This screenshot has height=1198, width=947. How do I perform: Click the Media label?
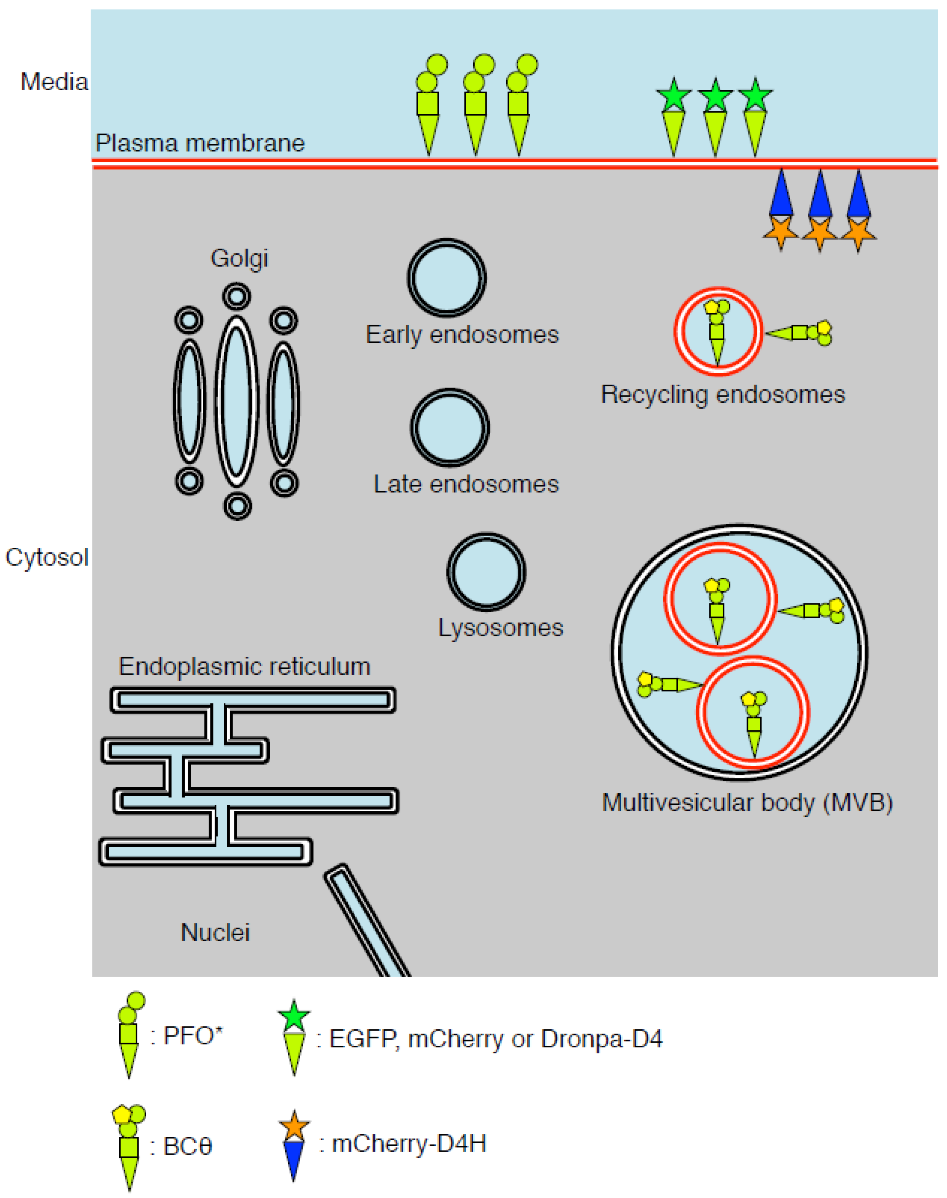click(54, 82)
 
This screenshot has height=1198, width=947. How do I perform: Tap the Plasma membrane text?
click(200, 143)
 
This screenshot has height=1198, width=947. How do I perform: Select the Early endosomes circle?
click(447, 278)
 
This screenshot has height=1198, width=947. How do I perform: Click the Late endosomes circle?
click(450, 428)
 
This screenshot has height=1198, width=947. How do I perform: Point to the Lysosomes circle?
click(486, 572)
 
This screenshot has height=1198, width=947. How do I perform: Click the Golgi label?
click(239, 258)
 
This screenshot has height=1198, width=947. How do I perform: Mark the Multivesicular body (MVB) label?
click(747, 802)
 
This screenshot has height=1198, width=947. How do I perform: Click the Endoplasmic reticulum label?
click(244, 667)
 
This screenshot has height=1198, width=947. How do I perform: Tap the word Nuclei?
click(215, 933)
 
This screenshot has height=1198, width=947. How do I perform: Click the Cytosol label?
click(47, 557)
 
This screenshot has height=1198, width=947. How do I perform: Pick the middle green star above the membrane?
click(715, 95)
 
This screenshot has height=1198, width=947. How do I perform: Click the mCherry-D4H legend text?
click(409, 1144)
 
